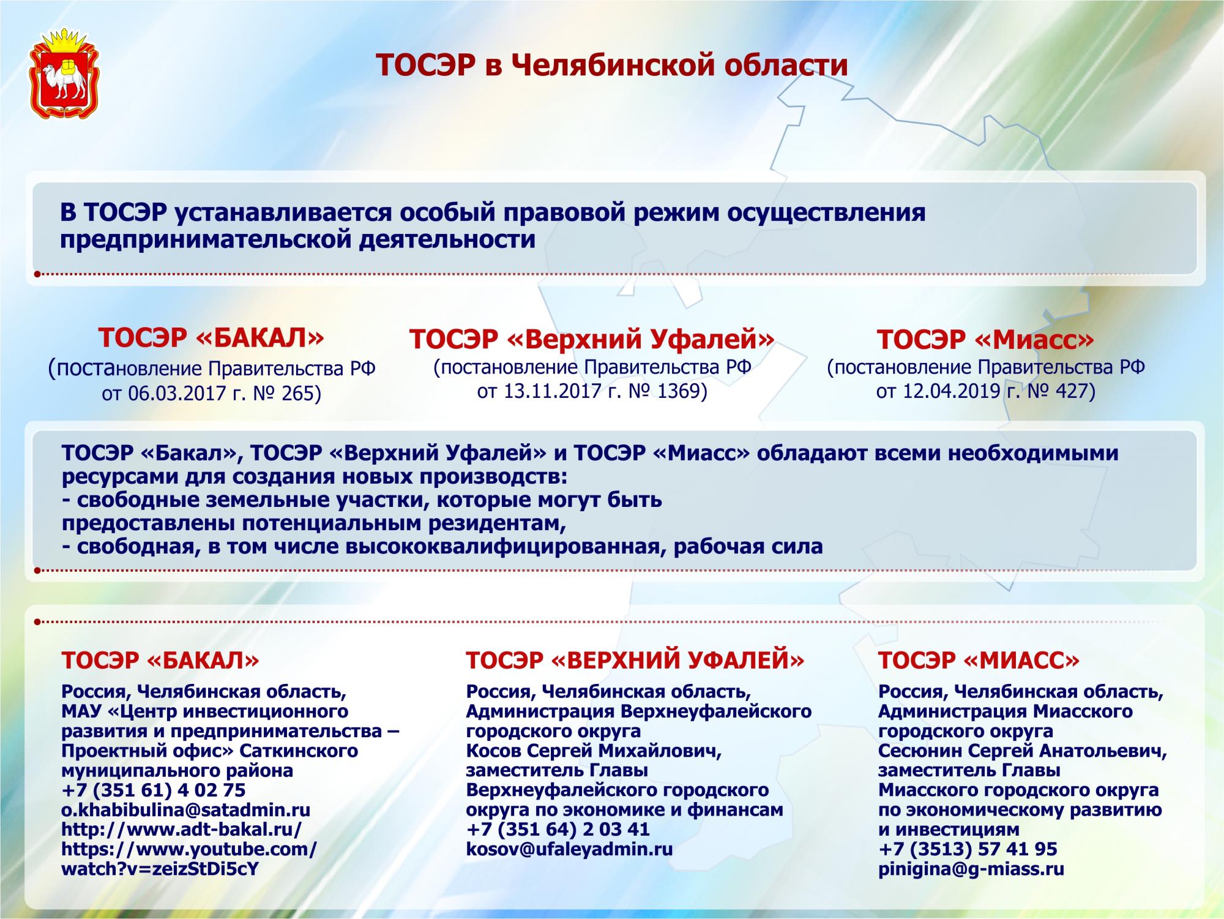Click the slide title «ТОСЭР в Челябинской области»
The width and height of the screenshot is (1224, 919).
[611, 65]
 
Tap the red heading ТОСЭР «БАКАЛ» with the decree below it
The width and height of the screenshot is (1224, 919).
[212, 365]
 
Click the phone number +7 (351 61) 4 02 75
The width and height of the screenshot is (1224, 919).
[154, 790]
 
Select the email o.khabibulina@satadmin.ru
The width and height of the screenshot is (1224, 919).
[186, 809]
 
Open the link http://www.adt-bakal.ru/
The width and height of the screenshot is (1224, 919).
[182, 829]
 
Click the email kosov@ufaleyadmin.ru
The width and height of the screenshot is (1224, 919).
[569, 849]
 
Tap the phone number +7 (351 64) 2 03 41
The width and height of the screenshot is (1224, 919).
[558, 829]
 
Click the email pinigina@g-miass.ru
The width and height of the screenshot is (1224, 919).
[971, 868]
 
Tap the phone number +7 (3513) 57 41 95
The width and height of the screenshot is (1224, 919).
[968, 849]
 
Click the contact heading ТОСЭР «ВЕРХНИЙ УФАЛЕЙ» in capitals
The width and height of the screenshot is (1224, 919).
[635, 660]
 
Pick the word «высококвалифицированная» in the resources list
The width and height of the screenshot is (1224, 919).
[502, 546]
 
